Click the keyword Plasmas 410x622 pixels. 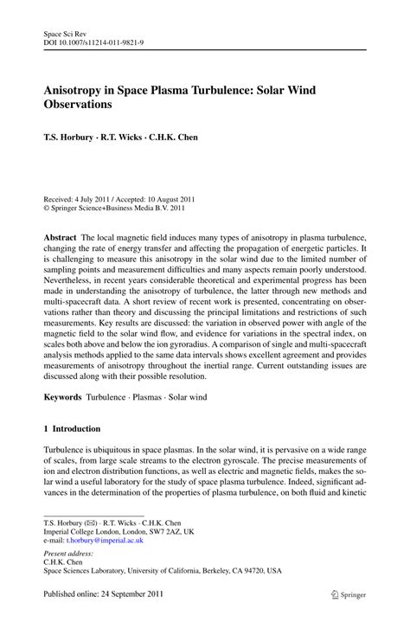click(x=149, y=395)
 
